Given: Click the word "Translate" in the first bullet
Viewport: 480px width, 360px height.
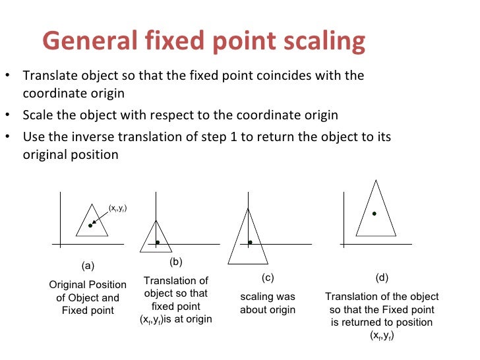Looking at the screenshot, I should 48,75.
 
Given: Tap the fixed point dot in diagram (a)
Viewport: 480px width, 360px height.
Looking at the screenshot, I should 90,226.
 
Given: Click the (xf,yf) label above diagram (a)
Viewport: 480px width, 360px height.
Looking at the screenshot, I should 117,208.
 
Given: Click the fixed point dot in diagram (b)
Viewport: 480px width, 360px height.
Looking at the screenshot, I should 158,243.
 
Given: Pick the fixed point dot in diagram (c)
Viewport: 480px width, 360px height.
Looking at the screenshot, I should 251,243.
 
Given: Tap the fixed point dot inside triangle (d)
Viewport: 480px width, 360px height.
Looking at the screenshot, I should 374,214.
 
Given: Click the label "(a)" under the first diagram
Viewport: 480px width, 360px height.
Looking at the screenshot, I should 88,267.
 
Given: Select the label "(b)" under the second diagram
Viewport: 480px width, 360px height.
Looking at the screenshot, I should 175,261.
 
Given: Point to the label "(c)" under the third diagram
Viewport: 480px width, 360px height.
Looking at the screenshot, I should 267,278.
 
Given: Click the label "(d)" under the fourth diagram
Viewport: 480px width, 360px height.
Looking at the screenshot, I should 382,278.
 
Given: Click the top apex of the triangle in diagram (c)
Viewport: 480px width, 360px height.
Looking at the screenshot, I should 248,208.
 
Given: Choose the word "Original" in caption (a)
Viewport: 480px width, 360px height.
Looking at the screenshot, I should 69,285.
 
